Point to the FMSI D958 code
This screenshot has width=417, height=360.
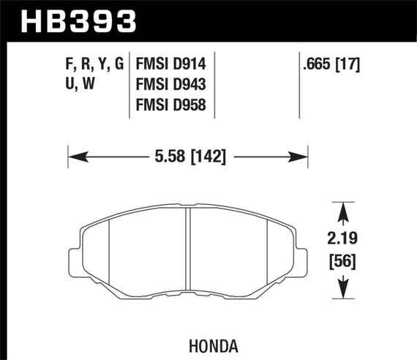click(x=170, y=107)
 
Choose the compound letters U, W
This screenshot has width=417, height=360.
click(x=75, y=85)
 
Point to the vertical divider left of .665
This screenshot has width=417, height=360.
click(x=301, y=84)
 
